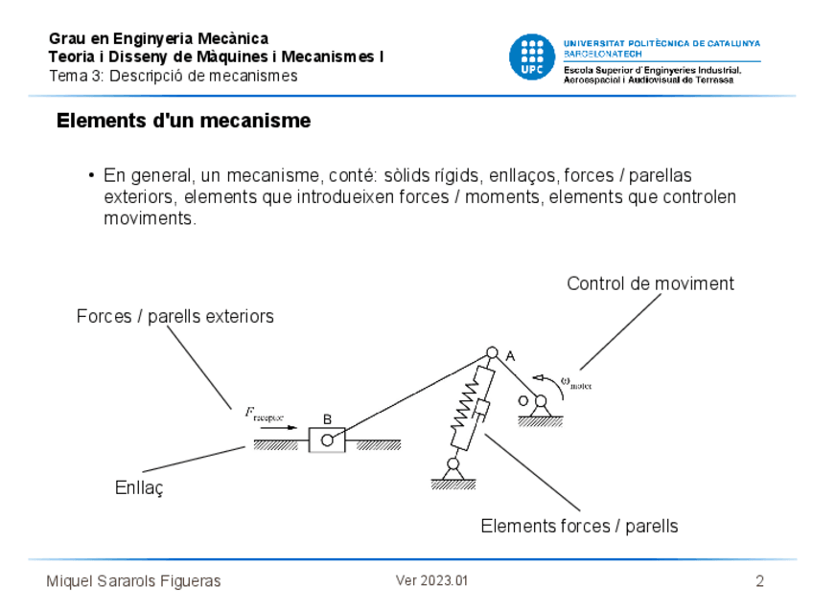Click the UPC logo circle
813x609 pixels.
pyautogui.click(x=531, y=56)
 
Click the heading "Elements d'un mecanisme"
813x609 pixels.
pyautogui.click(x=183, y=122)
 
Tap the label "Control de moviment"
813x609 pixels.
pyautogui.click(x=650, y=283)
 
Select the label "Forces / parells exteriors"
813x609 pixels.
pyautogui.click(x=175, y=316)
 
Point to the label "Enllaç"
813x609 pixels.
pyautogui.click(x=140, y=487)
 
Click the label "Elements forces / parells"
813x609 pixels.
pyautogui.click(x=579, y=526)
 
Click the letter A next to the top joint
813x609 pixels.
pyautogui.click(x=510, y=356)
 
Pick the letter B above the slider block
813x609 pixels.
pyautogui.click(x=327, y=419)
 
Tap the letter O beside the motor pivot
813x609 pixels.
pyautogui.click(x=523, y=400)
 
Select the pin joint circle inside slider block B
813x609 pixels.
pyautogui.click(x=327, y=440)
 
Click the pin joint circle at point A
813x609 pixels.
pyautogui.click(x=492, y=353)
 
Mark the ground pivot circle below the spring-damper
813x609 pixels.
pyautogui.click(x=453, y=463)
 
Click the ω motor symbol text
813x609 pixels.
pyautogui.click(x=576, y=382)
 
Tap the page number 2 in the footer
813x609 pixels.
pyautogui.click(x=759, y=581)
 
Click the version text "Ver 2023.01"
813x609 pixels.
pyautogui.click(x=431, y=581)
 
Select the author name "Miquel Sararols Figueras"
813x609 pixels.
pyautogui.click(x=133, y=581)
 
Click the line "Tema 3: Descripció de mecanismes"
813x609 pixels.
pyautogui.click(x=173, y=76)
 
